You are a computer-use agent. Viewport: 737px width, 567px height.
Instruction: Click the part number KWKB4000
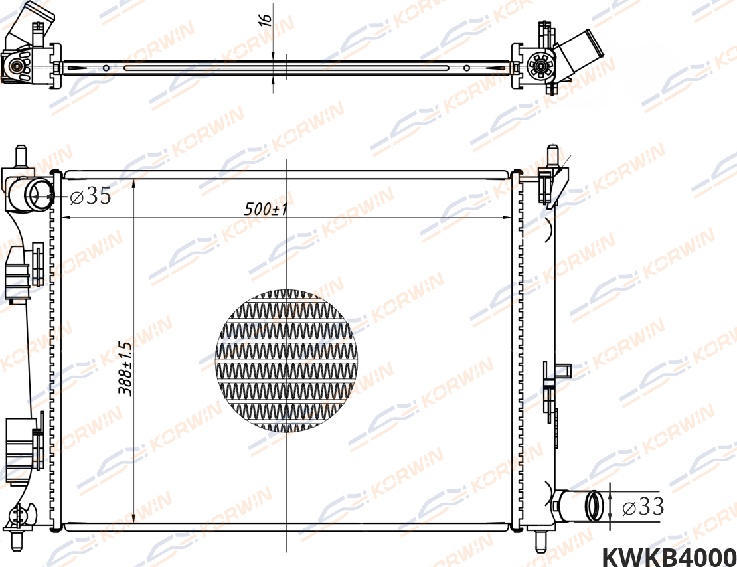pyautogui.click(x=668, y=555)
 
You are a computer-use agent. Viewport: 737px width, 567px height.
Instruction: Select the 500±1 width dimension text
pyautogui.click(x=266, y=210)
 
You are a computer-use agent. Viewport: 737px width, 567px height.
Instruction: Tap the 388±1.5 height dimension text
pyautogui.click(x=125, y=369)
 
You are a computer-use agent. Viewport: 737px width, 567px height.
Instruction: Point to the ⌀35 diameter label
pyautogui.click(x=90, y=196)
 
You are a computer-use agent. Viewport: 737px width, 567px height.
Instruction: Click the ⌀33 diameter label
pyautogui.click(x=643, y=508)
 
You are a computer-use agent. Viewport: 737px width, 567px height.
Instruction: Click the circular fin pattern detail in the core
pyautogui.click(x=286, y=359)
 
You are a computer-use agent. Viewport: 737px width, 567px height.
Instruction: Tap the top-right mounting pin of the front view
pyautogui.click(x=552, y=155)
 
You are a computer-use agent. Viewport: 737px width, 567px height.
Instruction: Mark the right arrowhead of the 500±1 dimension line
pyautogui.click(x=511, y=218)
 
